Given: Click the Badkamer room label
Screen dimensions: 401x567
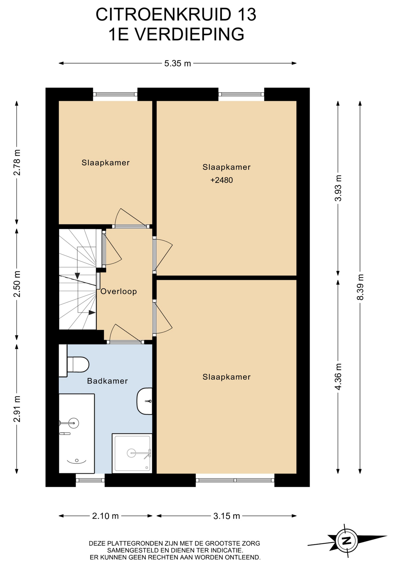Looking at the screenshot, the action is tap(107, 381).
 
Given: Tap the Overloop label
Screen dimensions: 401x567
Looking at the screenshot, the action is tap(119, 291).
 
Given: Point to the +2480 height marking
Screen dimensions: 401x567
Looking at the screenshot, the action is tap(221, 180).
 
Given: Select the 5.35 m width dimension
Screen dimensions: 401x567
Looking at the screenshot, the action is tap(177, 63).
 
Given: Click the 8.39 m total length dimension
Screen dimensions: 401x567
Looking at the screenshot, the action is tap(360, 287).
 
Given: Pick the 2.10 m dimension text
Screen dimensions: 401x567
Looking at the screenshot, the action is tap(105, 516).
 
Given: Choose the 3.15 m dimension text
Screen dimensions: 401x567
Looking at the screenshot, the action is tap(226, 516).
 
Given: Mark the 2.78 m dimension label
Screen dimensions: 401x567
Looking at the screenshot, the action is tap(17, 162).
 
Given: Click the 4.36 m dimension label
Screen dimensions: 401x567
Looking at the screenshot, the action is tap(338, 377).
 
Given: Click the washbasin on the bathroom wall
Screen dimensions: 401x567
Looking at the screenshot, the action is tap(145, 401).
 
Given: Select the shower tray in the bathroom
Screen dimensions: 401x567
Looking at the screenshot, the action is tap(132, 453).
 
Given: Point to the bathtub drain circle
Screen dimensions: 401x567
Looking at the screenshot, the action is tap(77, 460).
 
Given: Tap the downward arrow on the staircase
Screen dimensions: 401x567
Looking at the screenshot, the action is tap(77, 275).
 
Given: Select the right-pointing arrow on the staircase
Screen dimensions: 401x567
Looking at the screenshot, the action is tap(92, 312).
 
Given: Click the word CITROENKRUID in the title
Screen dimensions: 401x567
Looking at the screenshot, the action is tap(163, 14).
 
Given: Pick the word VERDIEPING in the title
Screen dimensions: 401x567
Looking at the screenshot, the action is tap(189, 34).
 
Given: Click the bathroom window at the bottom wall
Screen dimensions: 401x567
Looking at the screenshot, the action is tap(90, 480).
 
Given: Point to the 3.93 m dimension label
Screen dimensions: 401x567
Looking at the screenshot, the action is tap(338, 188).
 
